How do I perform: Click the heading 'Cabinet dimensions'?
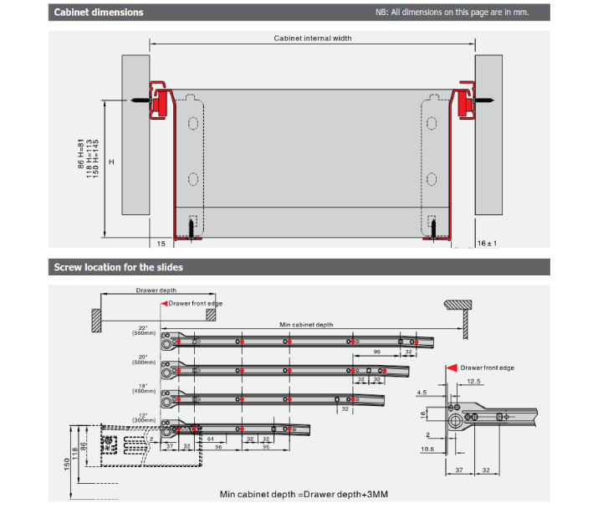coord(99,13)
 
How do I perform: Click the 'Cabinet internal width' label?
coord(313,39)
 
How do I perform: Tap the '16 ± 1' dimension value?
coord(487,243)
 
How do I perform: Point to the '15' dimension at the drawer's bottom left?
coord(161,244)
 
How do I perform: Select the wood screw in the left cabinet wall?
coord(141,100)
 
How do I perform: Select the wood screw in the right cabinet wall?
coord(484,100)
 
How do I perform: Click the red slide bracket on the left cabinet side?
coord(158,96)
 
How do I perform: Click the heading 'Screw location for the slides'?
coord(119,267)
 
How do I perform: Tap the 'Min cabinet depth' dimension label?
coord(305,324)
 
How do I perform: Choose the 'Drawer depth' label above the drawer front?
coord(156,291)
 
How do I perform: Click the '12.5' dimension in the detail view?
coord(474,382)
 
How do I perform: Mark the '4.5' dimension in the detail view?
coord(421,391)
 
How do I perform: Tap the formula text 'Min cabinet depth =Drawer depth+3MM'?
coord(304,494)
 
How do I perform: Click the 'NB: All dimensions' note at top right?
coord(452,13)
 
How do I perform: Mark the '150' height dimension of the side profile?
coord(68,462)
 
